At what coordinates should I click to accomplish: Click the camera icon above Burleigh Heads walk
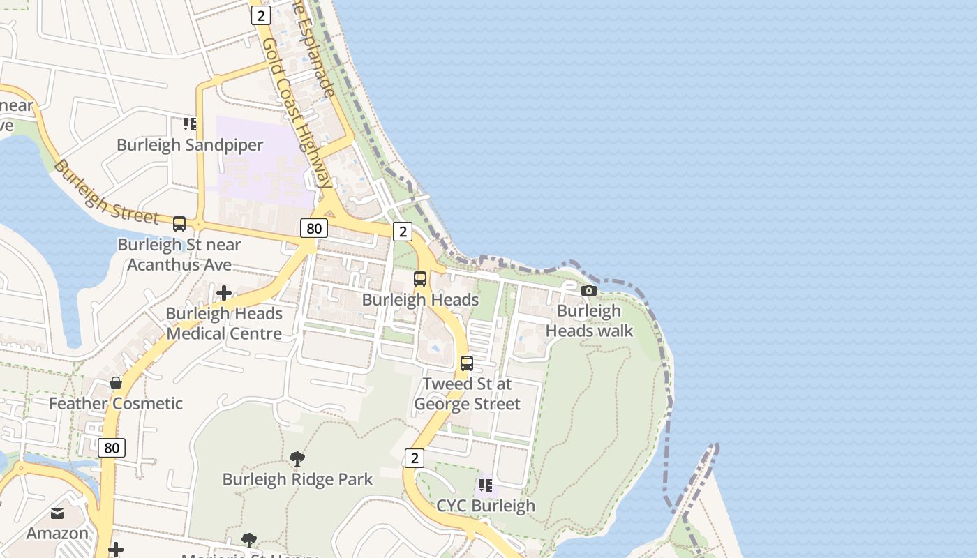coord(589,290)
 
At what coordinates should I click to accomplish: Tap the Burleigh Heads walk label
coord(589,321)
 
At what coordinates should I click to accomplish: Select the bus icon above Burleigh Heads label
coord(420,279)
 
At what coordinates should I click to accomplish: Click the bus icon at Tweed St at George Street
coord(467,363)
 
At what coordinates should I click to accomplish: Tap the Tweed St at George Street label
coord(467,394)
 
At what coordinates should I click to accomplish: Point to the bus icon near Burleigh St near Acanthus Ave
coord(179,224)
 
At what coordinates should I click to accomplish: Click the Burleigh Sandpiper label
coord(190,145)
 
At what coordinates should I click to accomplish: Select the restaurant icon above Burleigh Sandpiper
coord(189,124)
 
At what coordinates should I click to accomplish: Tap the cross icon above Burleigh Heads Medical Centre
coord(224,293)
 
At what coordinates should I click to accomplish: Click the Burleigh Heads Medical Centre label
coord(224,324)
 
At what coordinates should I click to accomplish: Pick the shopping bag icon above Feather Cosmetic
coord(116,383)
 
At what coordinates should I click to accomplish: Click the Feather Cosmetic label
coord(116,403)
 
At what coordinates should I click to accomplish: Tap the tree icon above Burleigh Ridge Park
coord(297,459)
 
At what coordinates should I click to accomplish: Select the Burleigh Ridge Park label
coord(297,479)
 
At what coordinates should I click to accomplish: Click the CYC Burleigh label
coord(486,506)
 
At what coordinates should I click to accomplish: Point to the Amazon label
coord(57,534)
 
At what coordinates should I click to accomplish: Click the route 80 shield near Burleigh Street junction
coord(314,228)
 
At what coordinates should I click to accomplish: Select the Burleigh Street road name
coord(105,196)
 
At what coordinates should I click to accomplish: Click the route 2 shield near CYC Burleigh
coord(415,458)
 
